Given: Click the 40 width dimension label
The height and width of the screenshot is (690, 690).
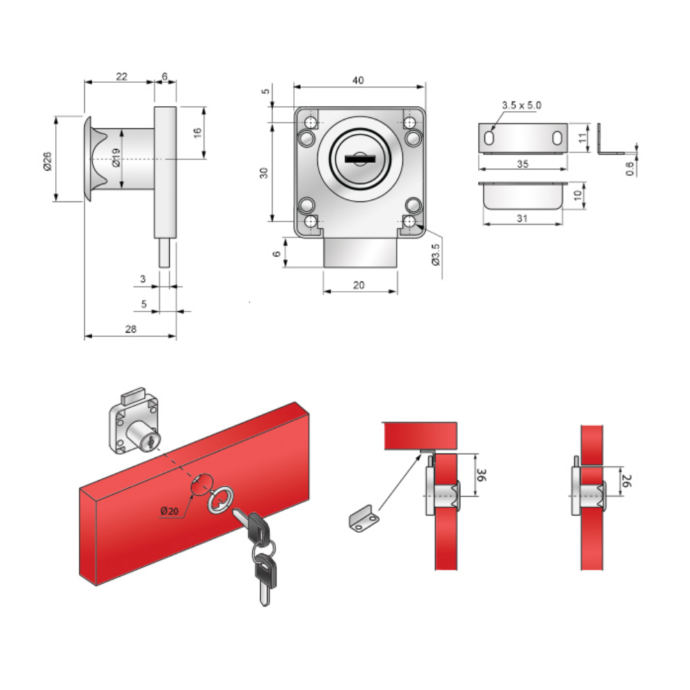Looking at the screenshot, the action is coord(358,80).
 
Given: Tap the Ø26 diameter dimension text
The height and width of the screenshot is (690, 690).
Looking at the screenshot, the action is coord(48,161).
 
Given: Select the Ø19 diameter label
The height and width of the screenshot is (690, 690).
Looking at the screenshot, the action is coord(116,157).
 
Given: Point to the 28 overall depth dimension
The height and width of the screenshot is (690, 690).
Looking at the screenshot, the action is coord(130,328).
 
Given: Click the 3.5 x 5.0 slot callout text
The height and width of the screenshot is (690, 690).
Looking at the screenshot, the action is coord(522,105).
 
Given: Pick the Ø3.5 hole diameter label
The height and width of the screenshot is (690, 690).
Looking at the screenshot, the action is coord(435,255).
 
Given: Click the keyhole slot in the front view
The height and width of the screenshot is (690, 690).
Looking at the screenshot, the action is coord(359,158).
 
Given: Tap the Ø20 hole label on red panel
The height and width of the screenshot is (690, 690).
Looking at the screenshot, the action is coord(170,511).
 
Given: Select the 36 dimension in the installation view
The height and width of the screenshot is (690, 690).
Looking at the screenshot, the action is coord(482,475).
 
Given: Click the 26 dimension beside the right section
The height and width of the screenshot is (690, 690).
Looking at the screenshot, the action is coord(627,480).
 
